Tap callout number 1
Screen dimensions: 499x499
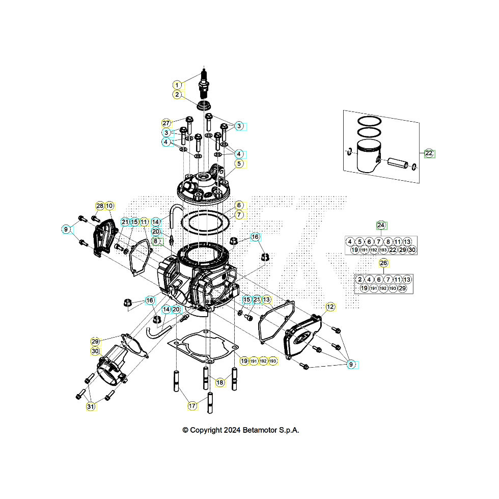(177, 85)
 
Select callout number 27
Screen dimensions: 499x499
(166, 123)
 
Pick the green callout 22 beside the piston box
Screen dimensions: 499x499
(429, 153)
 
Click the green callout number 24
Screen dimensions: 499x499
(381, 225)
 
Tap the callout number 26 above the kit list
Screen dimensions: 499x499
(383, 263)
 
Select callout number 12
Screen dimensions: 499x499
(330, 307)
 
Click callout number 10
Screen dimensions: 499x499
(109, 206)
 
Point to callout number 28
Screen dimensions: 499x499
(100, 206)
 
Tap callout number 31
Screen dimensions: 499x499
(91, 406)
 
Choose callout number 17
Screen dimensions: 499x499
(192, 406)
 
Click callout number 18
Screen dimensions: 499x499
(220, 382)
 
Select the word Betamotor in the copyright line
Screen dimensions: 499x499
(258, 430)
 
